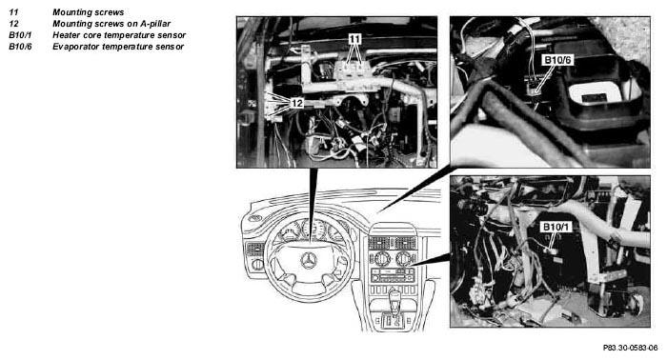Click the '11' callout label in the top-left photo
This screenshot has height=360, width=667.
[354, 39]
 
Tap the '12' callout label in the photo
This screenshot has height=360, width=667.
[297, 103]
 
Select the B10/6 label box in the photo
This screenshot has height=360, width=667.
[557, 60]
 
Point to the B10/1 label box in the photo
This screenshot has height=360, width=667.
[556, 227]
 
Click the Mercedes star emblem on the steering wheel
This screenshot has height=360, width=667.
[309, 260]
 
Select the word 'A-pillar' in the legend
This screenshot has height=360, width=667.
[155, 24]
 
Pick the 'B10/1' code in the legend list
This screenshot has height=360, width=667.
[20, 35]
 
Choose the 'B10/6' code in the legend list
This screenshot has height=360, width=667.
[20, 47]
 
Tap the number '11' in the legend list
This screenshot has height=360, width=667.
[13, 12]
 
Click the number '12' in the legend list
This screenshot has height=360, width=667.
[13, 24]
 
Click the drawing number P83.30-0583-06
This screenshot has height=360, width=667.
[630, 348]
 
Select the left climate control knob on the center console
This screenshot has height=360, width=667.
[381, 258]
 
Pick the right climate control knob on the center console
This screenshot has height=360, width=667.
[403, 258]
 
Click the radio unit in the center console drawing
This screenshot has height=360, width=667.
[393, 275]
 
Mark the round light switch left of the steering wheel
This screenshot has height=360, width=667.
[257, 265]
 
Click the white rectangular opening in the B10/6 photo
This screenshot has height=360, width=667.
[595, 93]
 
